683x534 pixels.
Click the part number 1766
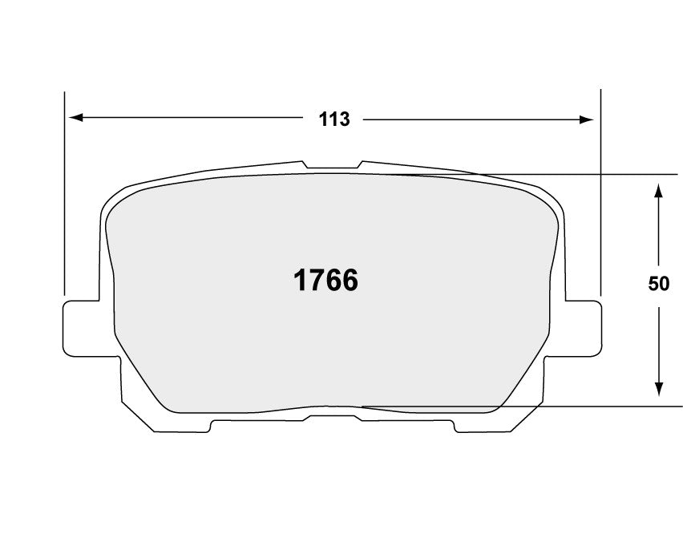(x=325, y=280)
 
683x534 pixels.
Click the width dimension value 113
(x=334, y=119)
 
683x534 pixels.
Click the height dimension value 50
(x=658, y=283)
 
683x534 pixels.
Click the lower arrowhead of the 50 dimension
(x=658, y=388)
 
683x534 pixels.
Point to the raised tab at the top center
(x=332, y=166)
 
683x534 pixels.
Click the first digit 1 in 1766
(x=301, y=280)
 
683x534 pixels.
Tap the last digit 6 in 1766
(x=349, y=280)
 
